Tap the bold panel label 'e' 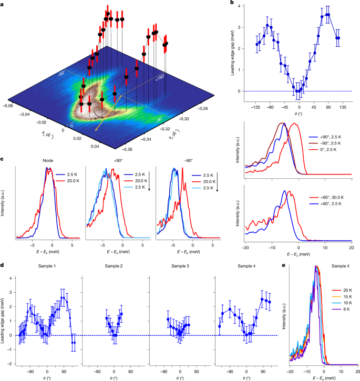click(284, 266)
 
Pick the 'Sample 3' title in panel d click(181, 267)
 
